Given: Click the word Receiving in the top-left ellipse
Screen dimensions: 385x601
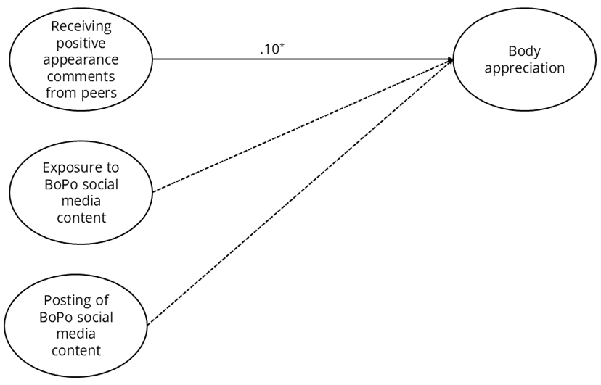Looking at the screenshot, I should click(81, 26).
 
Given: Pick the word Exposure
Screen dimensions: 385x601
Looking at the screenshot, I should click(71, 167).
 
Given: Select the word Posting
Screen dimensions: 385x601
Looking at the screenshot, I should click(65, 301).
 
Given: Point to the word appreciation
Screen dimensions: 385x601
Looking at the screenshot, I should click(526, 69).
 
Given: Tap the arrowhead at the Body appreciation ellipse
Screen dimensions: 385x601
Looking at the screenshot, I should click(451, 60).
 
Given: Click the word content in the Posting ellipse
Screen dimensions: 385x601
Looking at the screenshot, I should click(76, 351).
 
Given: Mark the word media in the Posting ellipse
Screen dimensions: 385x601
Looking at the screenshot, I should click(76, 334).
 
